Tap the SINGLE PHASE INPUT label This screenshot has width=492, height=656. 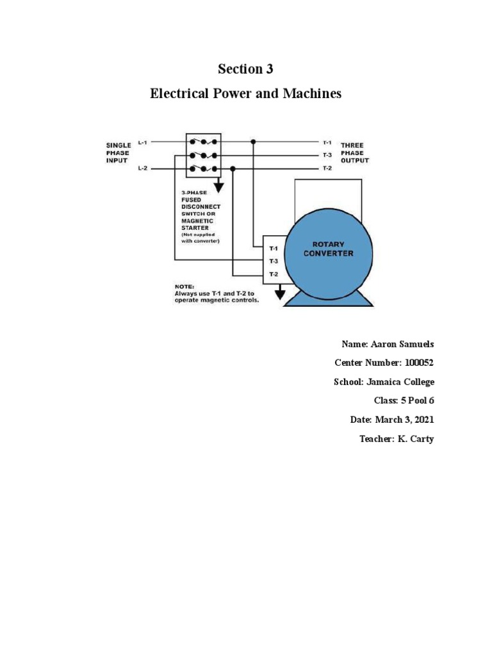(119, 153)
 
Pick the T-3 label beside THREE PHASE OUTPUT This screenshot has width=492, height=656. (327, 155)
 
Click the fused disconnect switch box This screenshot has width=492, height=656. (203, 155)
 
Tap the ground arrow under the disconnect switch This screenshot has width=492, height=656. (219, 186)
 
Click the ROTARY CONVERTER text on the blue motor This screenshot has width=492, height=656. (328, 249)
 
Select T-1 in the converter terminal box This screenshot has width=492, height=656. (273, 248)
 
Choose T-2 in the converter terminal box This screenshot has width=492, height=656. (273, 274)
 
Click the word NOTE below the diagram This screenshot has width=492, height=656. (184, 286)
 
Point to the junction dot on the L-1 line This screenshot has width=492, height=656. (254, 142)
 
